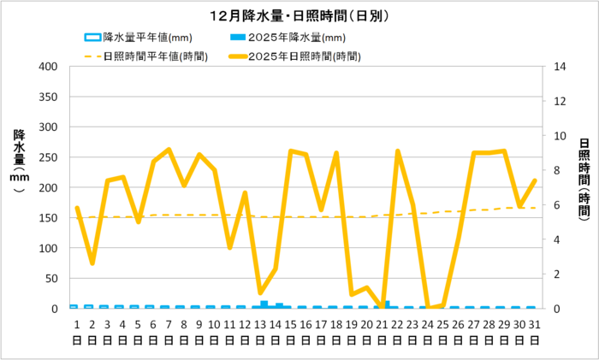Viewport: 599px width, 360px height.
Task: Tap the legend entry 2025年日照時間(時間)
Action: click(x=305, y=56)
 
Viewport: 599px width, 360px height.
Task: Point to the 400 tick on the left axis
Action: click(x=47, y=67)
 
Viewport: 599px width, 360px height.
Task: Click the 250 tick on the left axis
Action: click(x=47, y=157)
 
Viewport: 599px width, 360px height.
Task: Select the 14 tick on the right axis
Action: click(x=561, y=67)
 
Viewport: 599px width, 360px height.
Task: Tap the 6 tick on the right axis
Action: click(x=558, y=205)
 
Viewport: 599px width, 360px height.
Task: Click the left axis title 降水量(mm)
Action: click(x=20, y=162)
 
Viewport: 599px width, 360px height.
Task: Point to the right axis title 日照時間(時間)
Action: click(x=584, y=175)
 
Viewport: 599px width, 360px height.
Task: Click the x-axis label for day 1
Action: click(x=77, y=331)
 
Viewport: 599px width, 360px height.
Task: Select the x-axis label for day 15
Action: click(x=291, y=331)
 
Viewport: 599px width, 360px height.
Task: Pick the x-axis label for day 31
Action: click(x=535, y=331)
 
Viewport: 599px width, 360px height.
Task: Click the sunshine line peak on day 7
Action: click(x=169, y=150)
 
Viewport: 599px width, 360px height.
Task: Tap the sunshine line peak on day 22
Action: click(x=398, y=151)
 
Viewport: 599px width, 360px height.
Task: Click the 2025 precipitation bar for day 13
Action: click(x=264, y=304)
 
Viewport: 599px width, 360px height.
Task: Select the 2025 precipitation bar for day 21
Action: click(x=387, y=304)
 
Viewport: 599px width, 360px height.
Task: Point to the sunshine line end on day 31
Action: click(x=535, y=180)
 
